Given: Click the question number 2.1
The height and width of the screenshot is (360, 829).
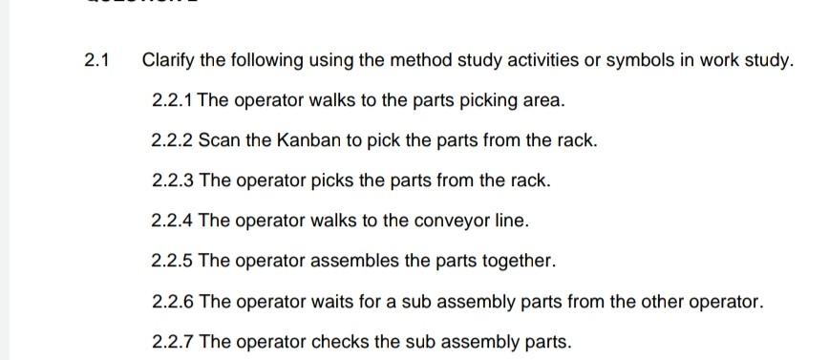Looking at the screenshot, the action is [x=96, y=61].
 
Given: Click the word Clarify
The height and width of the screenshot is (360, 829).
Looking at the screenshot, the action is [x=168, y=61].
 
